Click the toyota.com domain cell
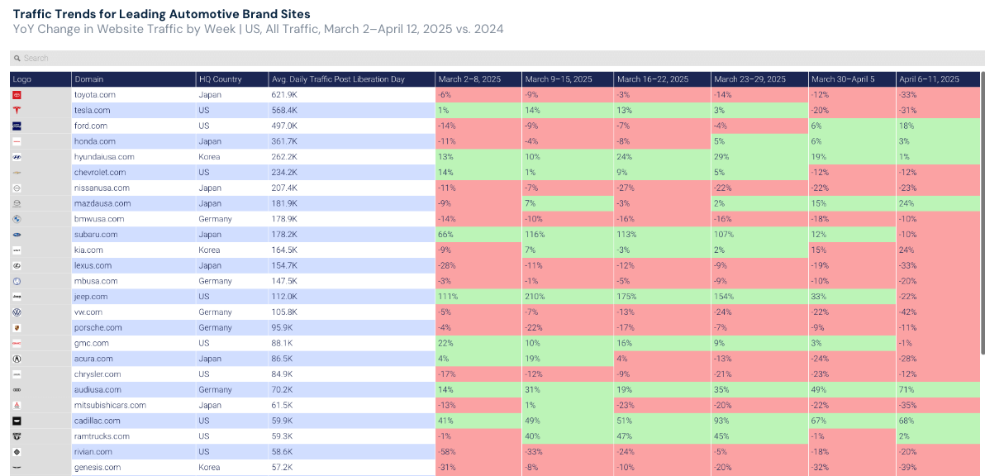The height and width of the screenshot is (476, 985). point(94,95)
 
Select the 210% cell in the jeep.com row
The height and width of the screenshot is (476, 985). point(532,297)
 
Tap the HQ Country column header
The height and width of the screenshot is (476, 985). point(220,79)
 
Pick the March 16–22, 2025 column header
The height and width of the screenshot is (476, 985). point(653,79)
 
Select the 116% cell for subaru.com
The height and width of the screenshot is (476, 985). point(533,235)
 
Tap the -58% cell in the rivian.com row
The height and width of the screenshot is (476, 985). point(446,452)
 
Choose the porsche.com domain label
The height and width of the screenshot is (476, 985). point(98,328)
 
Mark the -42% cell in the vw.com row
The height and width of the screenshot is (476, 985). point(909,312)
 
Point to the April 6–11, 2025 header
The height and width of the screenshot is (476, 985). point(929,79)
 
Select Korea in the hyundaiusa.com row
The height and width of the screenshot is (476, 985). point(209,157)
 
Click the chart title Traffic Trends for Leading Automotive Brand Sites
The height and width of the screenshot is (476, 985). point(162,14)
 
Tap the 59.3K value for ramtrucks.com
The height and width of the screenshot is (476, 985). point(282,436)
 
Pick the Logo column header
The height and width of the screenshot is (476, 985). point(22,79)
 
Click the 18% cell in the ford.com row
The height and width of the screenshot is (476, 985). point(906,126)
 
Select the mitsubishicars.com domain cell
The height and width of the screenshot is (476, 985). point(110,406)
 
